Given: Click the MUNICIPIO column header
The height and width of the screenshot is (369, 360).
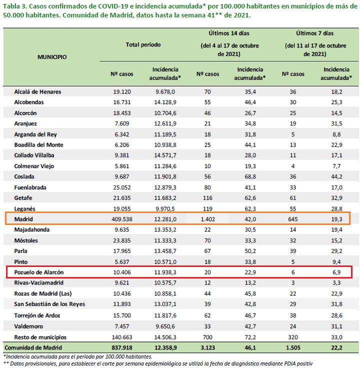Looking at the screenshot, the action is click(52, 57).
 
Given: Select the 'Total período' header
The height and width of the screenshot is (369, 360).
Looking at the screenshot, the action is click(143, 44).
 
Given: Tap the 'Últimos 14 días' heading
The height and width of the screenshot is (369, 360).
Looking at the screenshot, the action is click(229, 33).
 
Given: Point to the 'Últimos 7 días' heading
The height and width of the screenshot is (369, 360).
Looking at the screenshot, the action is click(315, 33).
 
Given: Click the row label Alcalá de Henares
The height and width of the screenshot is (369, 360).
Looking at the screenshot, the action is click(37, 92).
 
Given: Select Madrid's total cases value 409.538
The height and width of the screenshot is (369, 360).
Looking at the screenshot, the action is click(122, 219).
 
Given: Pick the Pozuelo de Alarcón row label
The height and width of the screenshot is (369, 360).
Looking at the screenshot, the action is click(39, 272).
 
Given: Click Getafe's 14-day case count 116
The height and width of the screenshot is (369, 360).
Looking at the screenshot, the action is click(207, 198).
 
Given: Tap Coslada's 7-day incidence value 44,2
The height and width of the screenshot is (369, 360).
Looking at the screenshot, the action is click(336, 176).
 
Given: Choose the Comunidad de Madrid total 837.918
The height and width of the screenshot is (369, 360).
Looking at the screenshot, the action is click(122, 347).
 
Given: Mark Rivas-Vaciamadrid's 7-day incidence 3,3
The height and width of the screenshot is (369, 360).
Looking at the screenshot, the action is click(336, 283).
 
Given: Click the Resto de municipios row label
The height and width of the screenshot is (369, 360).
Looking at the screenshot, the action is click(40, 337).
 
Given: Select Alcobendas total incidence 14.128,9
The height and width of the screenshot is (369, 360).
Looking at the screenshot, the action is click(165, 102).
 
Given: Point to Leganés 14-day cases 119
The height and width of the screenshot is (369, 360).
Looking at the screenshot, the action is click(207, 208).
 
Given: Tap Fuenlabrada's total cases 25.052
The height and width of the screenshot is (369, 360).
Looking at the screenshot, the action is click(122, 187).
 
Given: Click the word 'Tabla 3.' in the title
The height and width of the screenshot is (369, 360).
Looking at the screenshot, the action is click(14, 6).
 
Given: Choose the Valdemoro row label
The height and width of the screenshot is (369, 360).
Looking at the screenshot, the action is click(28, 326).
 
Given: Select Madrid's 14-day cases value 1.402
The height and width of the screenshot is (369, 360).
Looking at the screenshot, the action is click(208, 219).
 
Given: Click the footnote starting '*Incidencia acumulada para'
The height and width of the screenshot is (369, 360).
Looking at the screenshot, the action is click(77, 357).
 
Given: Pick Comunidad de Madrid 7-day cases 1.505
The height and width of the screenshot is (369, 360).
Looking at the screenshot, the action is click(293, 347).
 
